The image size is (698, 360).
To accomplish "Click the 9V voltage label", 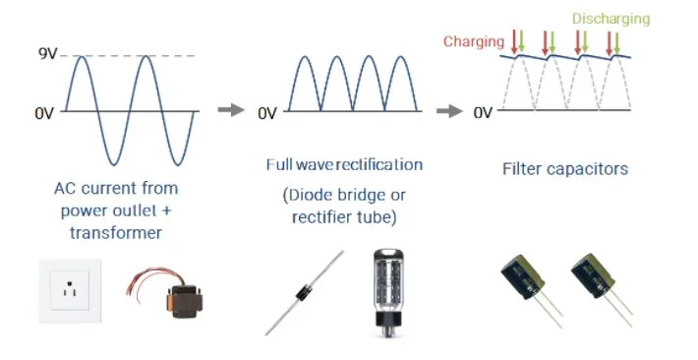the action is pyautogui.click(x=48, y=54).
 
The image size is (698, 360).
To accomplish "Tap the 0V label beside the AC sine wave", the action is pyautogui.click(x=44, y=113).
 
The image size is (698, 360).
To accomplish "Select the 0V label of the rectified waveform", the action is pyautogui.click(x=267, y=113).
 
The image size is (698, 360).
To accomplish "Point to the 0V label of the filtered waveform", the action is pyautogui.click(x=483, y=113).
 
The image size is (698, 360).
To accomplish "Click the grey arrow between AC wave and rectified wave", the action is pyautogui.click(x=231, y=109).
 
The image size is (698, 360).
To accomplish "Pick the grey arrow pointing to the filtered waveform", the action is pyautogui.click(x=449, y=111).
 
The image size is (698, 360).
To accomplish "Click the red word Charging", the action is pyautogui.click(x=474, y=41).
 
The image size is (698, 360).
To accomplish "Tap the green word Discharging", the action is pyautogui.click(x=611, y=19).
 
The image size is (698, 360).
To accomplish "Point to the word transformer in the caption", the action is pyautogui.click(x=116, y=233).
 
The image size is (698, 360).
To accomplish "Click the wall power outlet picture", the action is pyautogui.click(x=70, y=290).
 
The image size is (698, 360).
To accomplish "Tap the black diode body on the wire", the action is pyautogui.click(x=304, y=293).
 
